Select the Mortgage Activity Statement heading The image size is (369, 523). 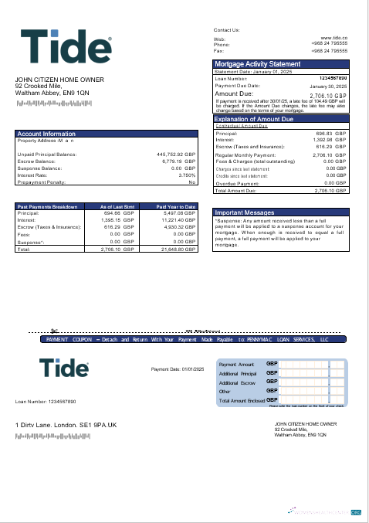[257, 63]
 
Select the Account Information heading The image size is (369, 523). [46, 134]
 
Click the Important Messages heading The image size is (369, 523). [244, 212]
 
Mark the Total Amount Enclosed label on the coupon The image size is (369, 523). [242, 401]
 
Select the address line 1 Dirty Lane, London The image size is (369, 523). [66, 425]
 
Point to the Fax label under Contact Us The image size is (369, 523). [218, 49]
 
